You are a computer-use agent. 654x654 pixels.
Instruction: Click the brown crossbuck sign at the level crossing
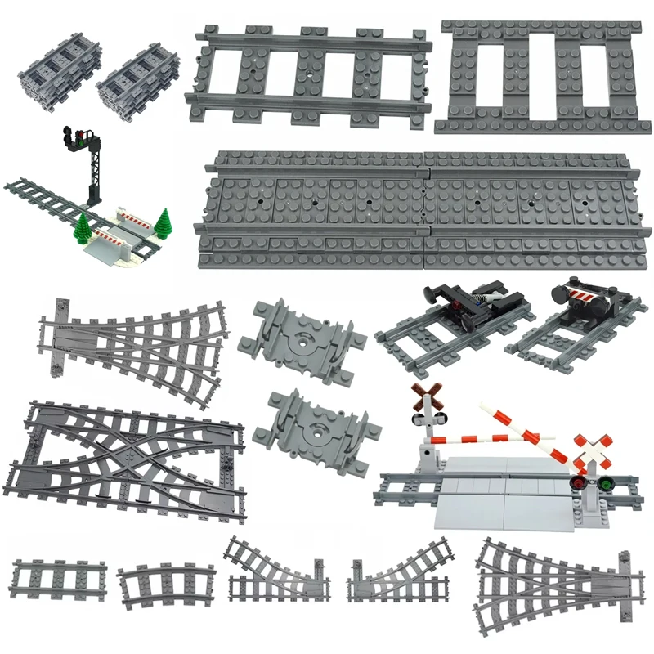423,398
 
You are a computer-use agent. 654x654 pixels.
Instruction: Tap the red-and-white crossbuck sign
589,448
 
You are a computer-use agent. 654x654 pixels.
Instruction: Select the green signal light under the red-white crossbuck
606,484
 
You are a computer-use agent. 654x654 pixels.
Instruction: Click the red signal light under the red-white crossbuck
576,484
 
